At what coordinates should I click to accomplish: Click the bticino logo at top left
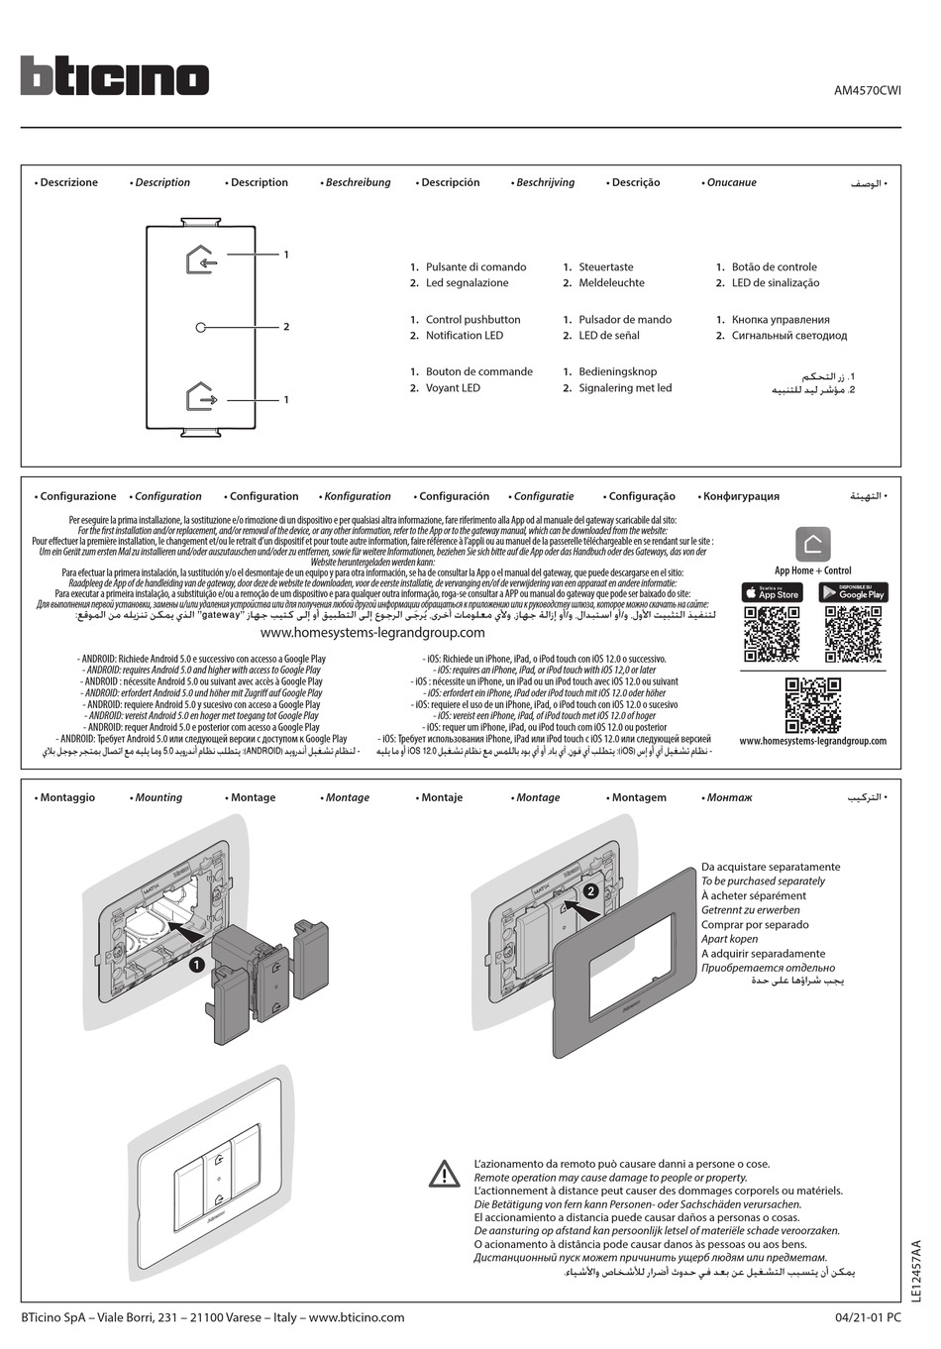click(114, 76)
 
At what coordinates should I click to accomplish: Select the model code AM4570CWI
click(867, 90)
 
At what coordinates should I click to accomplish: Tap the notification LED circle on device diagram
click(201, 327)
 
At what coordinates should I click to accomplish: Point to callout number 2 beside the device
click(286, 327)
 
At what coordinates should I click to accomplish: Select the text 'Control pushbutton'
click(472, 320)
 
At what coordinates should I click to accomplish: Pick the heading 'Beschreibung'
click(358, 183)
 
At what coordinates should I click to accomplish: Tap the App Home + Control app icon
click(812, 544)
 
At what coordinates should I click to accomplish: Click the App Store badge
click(772, 592)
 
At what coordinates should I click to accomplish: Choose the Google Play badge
click(853, 592)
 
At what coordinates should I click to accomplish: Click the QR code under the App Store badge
click(772, 634)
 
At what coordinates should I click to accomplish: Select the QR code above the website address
click(812, 704)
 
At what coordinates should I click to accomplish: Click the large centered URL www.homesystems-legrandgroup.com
click(372, 633)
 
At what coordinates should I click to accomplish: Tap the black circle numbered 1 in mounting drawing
click(197, 965)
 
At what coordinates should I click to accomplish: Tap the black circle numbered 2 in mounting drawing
click(590, 890)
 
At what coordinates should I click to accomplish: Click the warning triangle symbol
click(445, 1175)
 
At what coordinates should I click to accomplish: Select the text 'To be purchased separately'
click(763, 882)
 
